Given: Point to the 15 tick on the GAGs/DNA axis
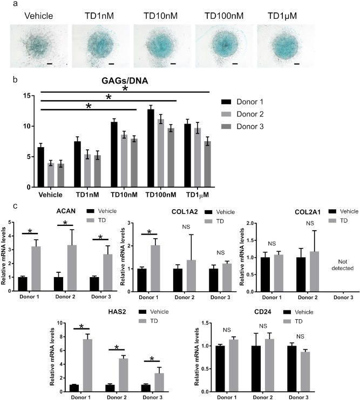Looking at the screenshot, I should (x=25, y=95).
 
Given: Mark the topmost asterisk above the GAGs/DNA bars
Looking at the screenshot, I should (x=125, y=88).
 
